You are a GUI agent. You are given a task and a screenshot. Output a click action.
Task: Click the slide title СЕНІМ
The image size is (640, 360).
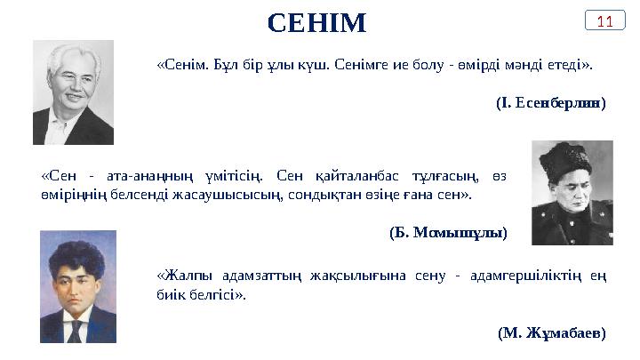(316, 22)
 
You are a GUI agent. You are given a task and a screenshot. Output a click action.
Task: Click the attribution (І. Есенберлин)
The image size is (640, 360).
(550, 103)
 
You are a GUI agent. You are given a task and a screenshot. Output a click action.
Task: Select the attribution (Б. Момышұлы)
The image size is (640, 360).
(448, 233)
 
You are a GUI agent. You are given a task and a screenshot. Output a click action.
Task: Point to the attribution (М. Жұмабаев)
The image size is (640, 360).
(552, 333)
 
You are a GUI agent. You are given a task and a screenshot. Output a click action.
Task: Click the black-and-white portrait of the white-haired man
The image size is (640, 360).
(73, 92)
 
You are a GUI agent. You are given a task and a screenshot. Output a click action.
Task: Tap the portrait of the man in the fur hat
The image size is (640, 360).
(572, 191)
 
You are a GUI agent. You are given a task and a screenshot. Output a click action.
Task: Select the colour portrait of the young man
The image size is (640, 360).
(78, 286)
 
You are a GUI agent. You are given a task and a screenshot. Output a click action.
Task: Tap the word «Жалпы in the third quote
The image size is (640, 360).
(180, 274)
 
